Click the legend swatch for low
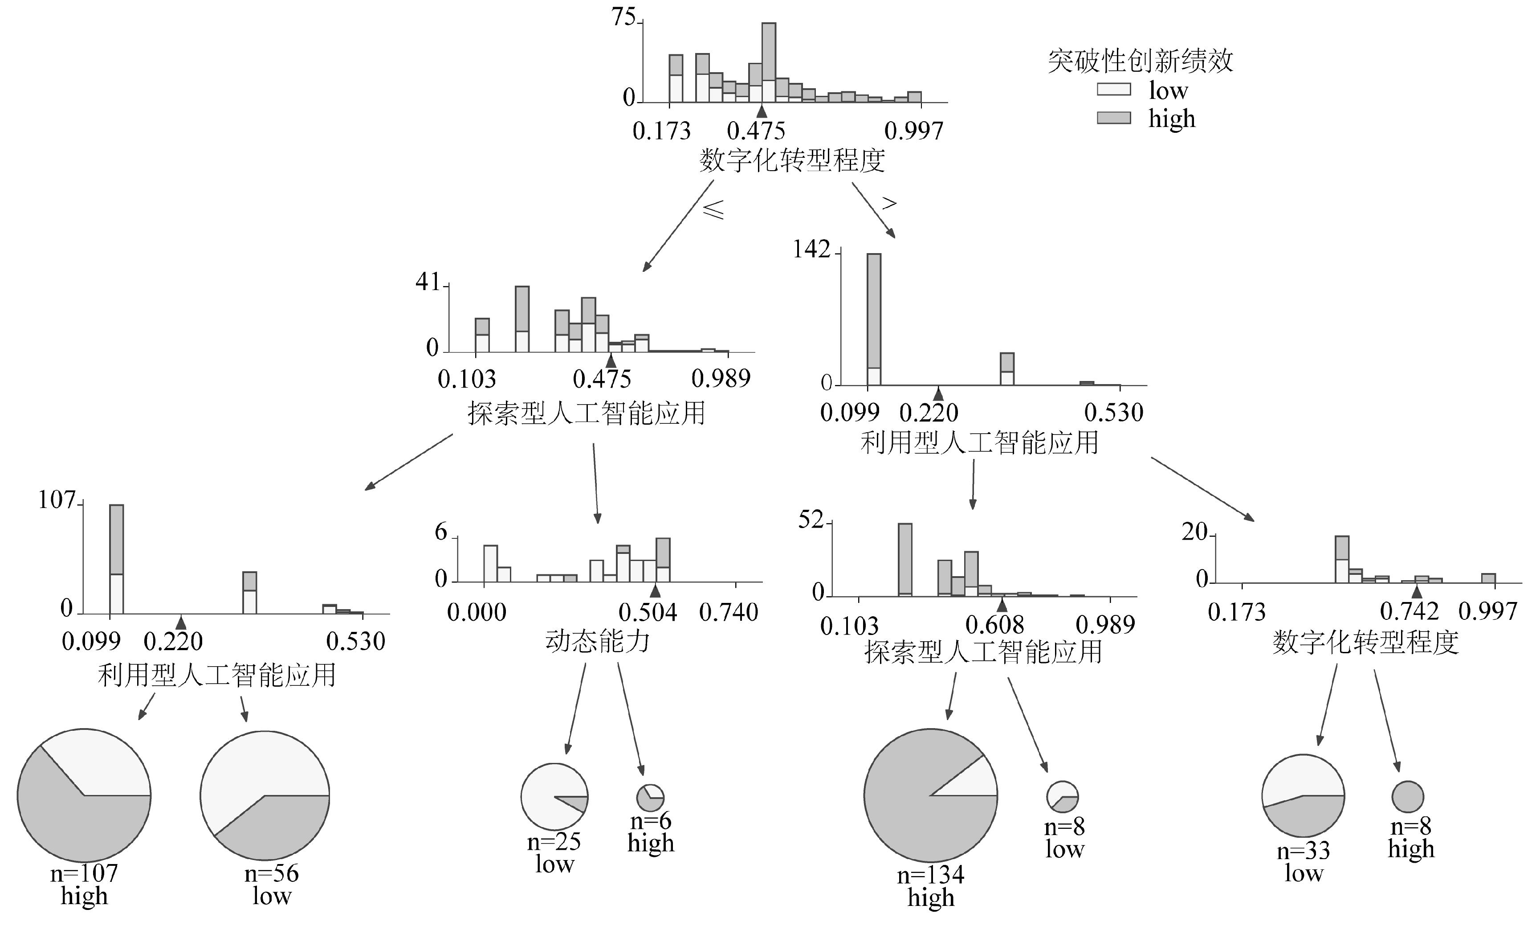pos(1114,90)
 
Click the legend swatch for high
pos(1114,118)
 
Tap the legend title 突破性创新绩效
pos(1140,61)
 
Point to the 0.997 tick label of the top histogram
pos(913,131)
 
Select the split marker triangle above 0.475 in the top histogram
pos(761,111)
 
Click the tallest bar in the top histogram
pos(769,62)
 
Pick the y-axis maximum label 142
pos(811,250)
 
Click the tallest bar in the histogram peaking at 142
pos(874,320)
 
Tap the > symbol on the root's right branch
pos(889,203)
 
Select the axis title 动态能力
pos(598,641)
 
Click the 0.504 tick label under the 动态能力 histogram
pos(648,612)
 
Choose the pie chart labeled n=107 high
pos(84,795)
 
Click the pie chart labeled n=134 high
pos(931,795)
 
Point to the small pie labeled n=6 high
pos(650,798)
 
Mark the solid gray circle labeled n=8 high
pos(1407,797)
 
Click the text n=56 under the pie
pos(271,873)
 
